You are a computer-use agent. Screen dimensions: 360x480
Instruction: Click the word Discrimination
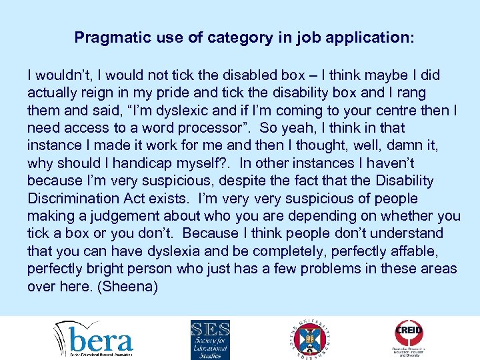click(75, 199)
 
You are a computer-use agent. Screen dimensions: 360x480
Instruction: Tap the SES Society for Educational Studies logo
click(211, 338)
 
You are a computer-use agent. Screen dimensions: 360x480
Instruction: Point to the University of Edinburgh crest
click(309, 339)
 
